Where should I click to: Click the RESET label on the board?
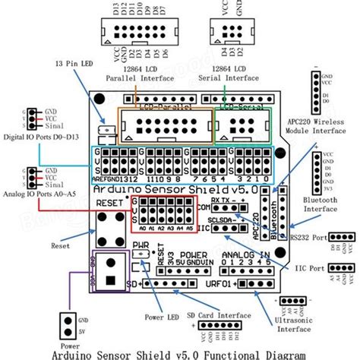tap(108, 204)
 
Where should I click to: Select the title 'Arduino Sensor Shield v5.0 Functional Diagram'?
tap(180, 352)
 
